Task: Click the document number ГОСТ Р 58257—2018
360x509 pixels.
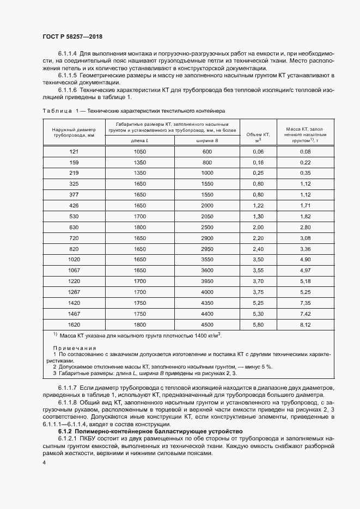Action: click(72, 36)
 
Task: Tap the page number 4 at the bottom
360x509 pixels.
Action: click(44, 463)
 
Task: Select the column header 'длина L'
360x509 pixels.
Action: click(139, 140)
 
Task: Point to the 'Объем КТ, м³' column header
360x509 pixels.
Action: click(258, 137)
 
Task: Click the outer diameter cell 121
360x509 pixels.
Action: click(74, 151)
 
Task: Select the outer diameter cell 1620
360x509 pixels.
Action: click(74, 325)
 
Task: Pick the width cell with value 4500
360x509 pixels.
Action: click(207, 325)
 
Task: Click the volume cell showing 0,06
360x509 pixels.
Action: click(258, 151)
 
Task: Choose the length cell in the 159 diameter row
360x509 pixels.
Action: click(139, 163)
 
